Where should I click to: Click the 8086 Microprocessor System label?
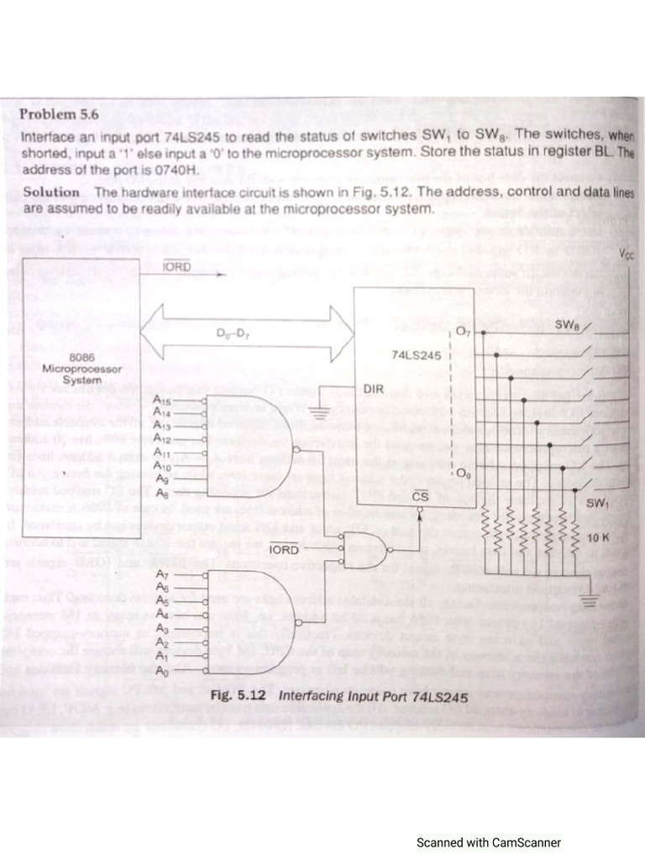point(81,368)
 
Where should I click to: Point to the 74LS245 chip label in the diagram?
point(416,355)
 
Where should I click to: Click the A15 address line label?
point(163,402)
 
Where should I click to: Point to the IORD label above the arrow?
point(176,267)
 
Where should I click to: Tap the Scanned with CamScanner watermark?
point(489,842)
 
